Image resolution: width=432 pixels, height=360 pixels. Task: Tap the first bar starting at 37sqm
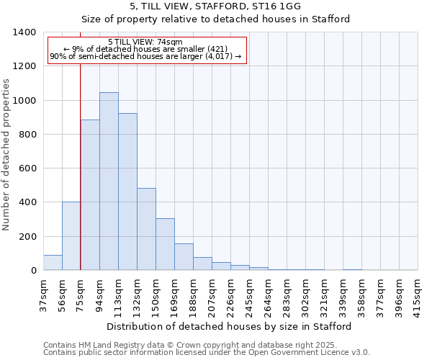53,263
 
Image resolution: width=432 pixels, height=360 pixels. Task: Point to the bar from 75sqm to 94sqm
90,195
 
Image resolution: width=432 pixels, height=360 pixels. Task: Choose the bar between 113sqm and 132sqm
127,192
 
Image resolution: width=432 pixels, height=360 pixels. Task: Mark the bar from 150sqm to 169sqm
165,244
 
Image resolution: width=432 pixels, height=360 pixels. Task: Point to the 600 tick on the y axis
27,168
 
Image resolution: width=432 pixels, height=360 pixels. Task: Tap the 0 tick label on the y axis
33,271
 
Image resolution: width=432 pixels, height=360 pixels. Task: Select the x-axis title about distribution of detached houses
230,327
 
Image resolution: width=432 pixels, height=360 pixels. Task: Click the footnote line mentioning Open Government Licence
207,353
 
